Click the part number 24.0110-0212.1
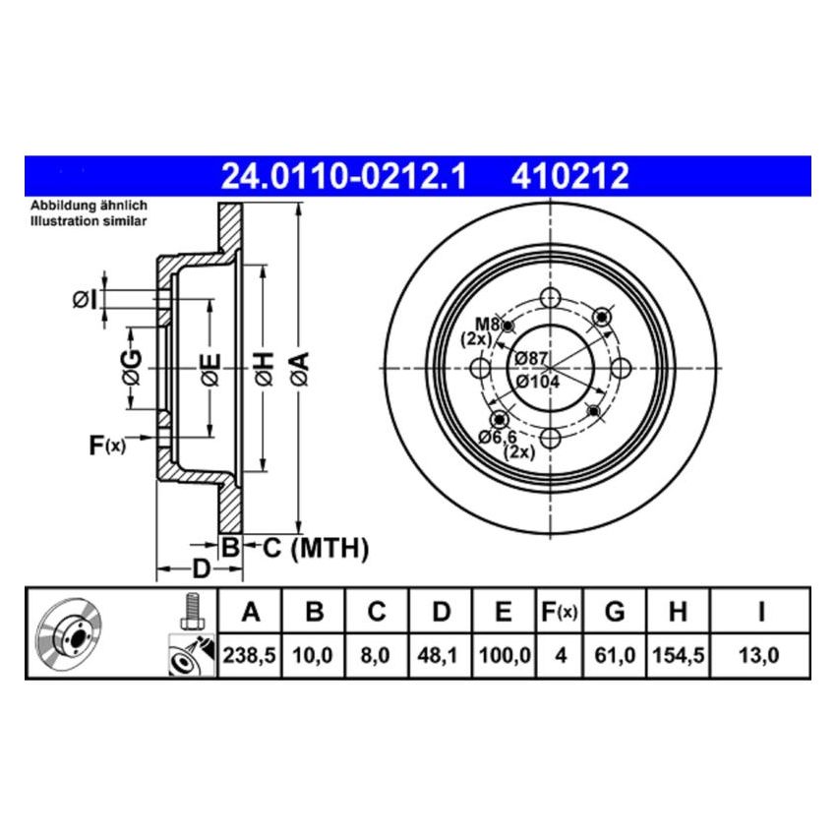pos(344,176)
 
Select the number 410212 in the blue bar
pos(569,176)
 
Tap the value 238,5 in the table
pos(251,653)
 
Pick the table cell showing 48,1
pos(442,653)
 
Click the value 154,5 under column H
pos(677,653)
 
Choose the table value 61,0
pos(615,653)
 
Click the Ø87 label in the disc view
pos(532,359)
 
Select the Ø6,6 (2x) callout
pos(505,444)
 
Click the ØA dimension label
pos(299,369)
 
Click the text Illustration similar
pos(89,222)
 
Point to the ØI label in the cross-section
pos(84,299)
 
